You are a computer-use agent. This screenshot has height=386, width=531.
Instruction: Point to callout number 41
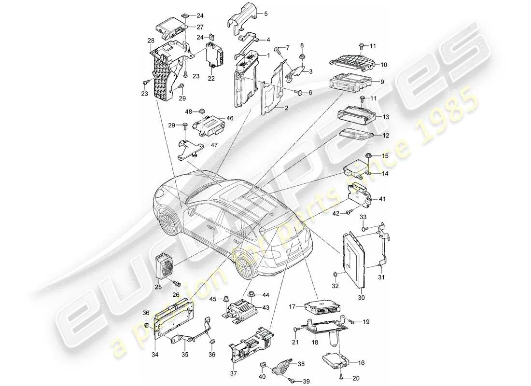point(382,198)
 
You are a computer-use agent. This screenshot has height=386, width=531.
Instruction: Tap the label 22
point(211,79)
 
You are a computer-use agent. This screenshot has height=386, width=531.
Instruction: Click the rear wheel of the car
point(245,266)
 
